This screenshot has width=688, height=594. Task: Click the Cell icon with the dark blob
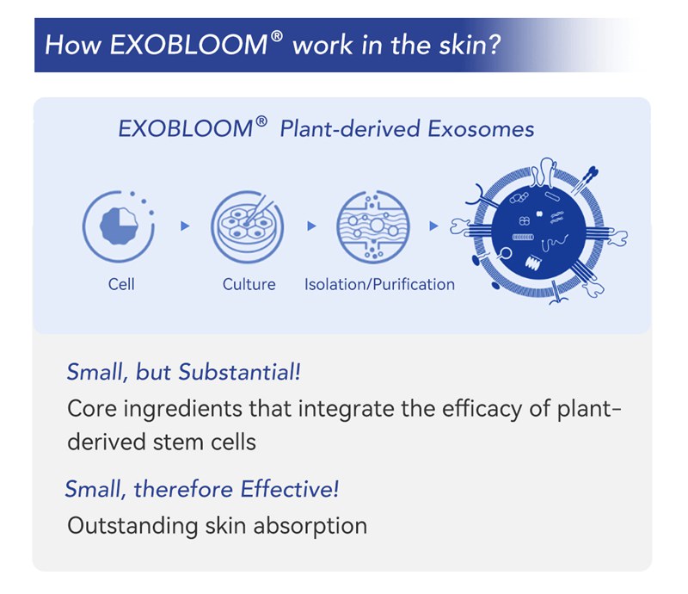(x=120, y=226)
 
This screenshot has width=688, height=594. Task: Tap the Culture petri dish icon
(x=249, y=226)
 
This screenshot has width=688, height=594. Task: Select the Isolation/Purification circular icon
(x=372, y=226)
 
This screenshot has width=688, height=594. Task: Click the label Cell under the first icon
(x=121, y=284)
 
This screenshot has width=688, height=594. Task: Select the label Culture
(x=249, y=284)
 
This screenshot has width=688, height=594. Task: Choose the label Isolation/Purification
(x=379, y=284)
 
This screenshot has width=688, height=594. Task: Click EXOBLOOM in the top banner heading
(x=195, y=44)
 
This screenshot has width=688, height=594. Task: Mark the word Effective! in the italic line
(x=289, y=490)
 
